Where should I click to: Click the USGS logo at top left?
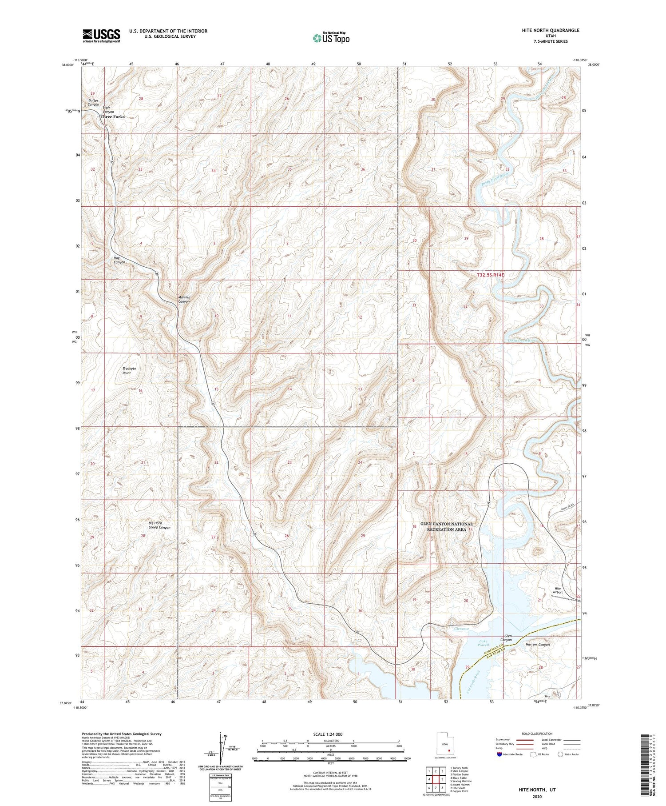click(101, 36)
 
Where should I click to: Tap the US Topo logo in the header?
click(331, 38)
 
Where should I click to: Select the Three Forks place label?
click(112, 117)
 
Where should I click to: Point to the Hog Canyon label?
click(119, 260)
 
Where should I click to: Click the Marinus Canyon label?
click(184, 299)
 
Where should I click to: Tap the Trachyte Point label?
click(129, 371)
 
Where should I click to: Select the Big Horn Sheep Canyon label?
click(159, 525)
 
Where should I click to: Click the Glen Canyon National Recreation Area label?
click(447, 527)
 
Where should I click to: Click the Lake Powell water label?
click(483, 643)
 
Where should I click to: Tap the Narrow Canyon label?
click(537, 644)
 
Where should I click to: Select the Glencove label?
click(461, 629)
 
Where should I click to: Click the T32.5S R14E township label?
click(491, 275)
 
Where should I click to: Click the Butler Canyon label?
click(93, 103)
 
